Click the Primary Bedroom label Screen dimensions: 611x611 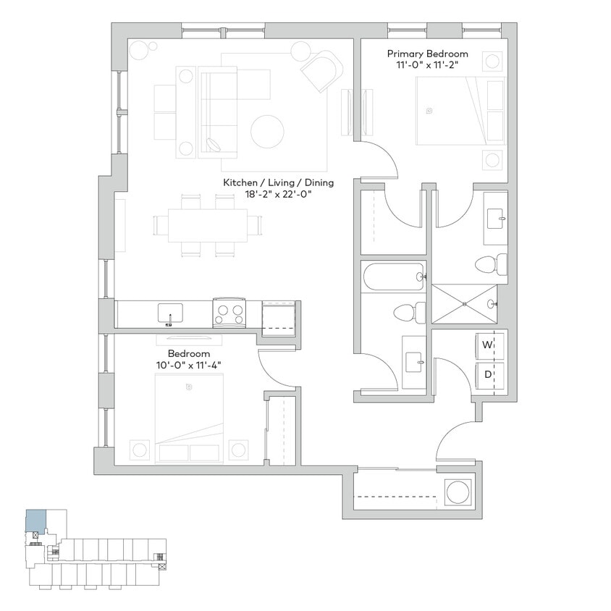(x=427, y=54)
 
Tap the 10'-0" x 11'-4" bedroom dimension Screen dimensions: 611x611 (x=189, y=365)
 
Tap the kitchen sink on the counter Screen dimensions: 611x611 (x=170, y=313)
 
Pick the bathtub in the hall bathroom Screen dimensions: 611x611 (x=393, y=277)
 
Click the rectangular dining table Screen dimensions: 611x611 (x=206, y=225)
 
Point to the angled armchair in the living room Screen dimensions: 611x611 (x=321, y=71)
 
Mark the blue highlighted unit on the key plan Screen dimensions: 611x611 (x=35, y=522)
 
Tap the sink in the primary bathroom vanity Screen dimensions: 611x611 (x=497, y=216)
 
